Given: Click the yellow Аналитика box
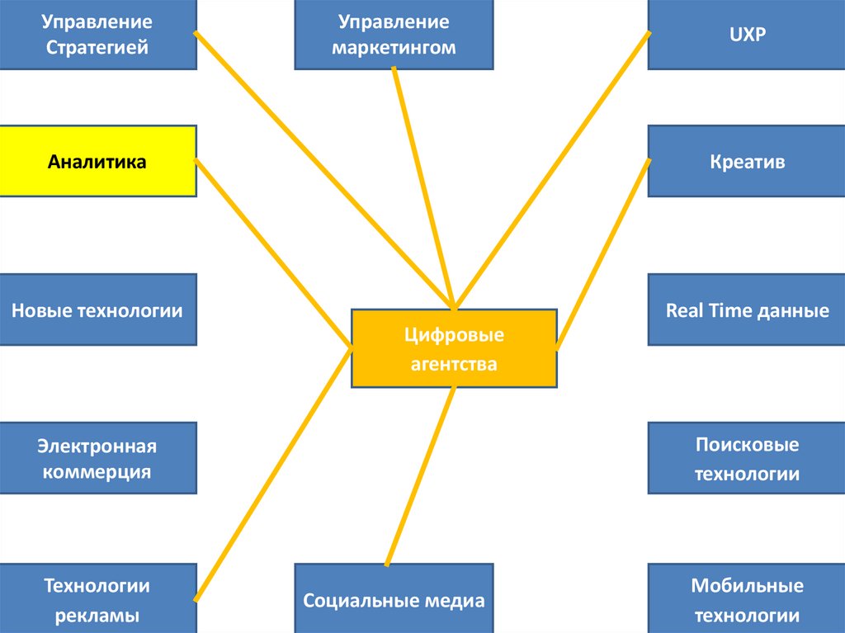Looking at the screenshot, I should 97,161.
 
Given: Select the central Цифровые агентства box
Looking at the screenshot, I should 454,348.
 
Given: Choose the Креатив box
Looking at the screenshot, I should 747,161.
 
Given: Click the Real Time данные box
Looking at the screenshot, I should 747,310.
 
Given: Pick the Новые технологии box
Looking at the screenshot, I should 97,310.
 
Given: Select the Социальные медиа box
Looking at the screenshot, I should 394,600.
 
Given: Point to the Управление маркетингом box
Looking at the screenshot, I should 394,35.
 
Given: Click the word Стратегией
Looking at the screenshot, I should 97,48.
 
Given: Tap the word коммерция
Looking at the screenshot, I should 97,472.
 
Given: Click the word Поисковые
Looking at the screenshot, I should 747,445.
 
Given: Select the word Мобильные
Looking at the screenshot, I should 747,586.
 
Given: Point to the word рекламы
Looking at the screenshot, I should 97,616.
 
